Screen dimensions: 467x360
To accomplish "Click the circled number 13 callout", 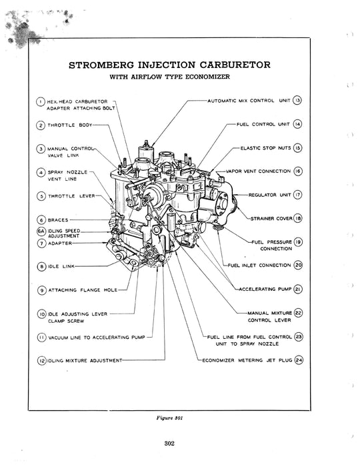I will click(298, 101).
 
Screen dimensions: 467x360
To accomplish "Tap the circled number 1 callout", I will click(41, 101).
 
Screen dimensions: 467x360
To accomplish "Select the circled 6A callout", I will click(41, 231).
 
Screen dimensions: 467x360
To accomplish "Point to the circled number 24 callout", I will click(299, 360).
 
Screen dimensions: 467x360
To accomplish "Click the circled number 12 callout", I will click(41, 361).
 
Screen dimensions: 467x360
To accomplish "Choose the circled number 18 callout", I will click(298, 218).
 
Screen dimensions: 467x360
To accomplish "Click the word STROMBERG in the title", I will click(111, 65).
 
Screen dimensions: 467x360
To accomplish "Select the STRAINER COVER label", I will click(271, 218).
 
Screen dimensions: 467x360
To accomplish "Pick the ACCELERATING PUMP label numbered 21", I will click(270, 289).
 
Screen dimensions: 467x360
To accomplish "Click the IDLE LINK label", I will click(61, 266).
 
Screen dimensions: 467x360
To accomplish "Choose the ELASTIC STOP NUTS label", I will click(265, 147).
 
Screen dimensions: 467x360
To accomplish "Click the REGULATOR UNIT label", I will click(269, 195).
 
